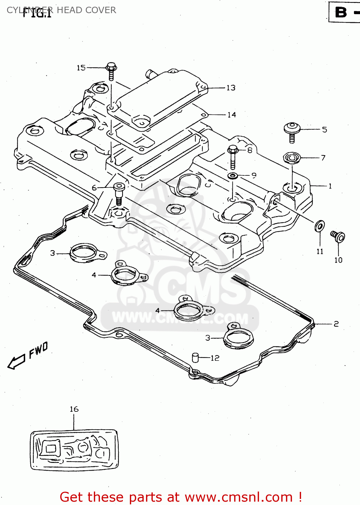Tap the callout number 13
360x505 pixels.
(231, 88)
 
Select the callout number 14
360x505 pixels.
(231, 115)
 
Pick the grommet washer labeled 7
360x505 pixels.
(291, 158)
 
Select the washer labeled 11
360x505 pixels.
(320, 226)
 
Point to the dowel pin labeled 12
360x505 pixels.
(195, 357)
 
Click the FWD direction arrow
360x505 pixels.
(16, 362)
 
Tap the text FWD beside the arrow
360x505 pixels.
(38, 350)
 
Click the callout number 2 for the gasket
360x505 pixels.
(336, 324)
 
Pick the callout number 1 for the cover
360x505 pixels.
(330, 186)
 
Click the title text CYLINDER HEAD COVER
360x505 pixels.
(61, 10)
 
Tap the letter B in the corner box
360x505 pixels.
(341, 12)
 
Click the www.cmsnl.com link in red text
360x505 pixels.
(239, 497)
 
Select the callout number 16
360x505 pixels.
(74, 409)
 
